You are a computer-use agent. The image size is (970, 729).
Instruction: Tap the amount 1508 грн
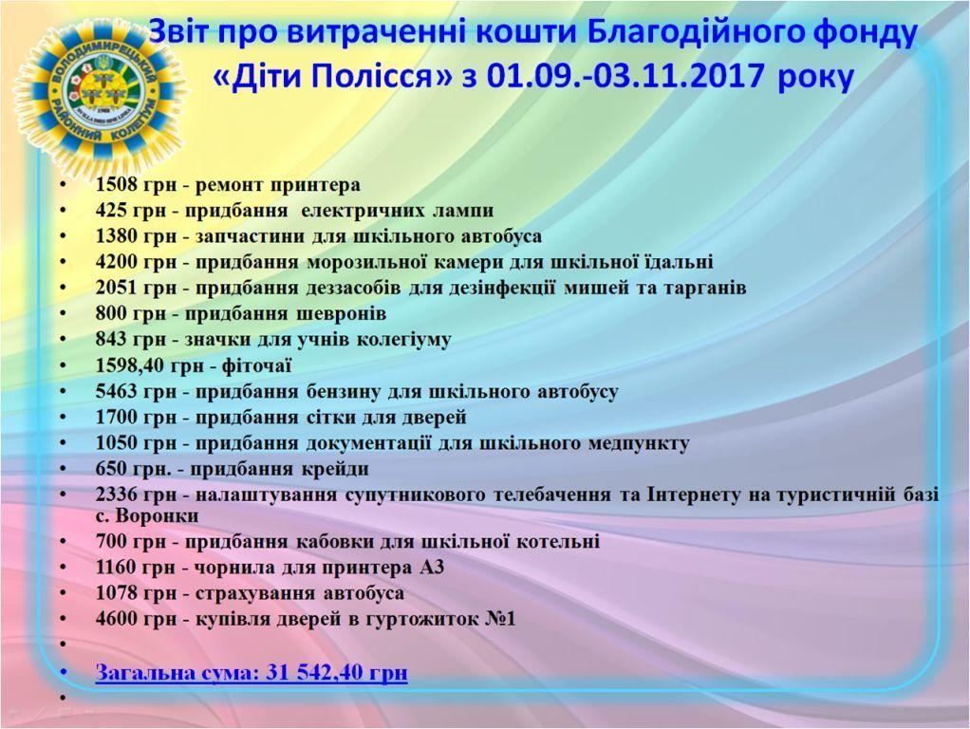click(x=131, y=185)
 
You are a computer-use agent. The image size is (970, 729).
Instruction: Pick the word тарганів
click(x=704, y=288)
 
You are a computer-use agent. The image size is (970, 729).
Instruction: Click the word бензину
click(x=344, y=392)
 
